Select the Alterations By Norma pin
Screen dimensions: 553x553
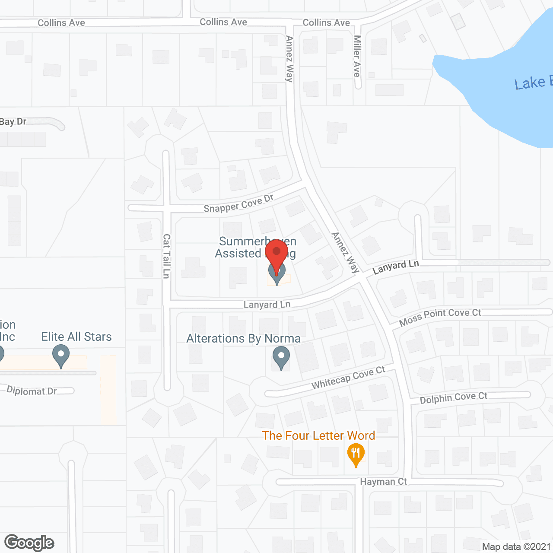coord(281,357)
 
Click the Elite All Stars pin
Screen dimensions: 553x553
coord(61,356)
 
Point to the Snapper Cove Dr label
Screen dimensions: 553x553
coord(238,204)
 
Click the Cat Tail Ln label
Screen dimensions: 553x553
coord(166,256)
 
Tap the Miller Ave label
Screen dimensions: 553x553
coord(357,56)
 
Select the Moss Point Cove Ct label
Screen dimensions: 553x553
coord(440,317)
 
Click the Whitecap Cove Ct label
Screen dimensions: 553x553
coord(348,378)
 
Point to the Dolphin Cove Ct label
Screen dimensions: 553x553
coord(453,397)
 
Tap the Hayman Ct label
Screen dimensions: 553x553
coord(383,482)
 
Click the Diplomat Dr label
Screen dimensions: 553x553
coord(32,391)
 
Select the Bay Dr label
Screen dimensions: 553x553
coord(13,122)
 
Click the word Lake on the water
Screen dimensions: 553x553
coord(530,83)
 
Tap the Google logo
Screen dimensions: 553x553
coord(29,543)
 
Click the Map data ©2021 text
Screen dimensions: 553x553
coord(516,547)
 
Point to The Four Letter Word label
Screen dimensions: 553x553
coord(318,435)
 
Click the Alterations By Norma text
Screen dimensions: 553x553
coord(243,339)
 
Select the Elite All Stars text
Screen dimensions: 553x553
coord(76,337)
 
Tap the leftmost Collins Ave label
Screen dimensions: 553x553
coord(61,23)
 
